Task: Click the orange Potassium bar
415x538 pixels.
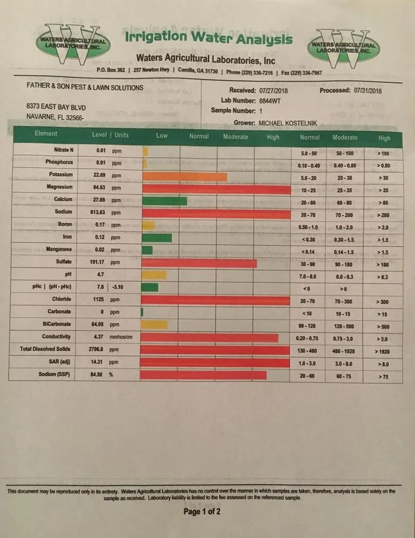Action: [x=184, y=177]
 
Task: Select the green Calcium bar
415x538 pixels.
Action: [x=164, y=201]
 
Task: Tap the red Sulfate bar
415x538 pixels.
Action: [x=199, y=264]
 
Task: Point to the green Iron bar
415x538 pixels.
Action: [x=157, y=238]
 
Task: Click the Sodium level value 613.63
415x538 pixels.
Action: [x=99, y=213]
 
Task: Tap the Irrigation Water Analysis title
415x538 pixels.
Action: [x=209, y=39]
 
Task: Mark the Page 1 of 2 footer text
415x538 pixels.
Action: [x=202, y=512]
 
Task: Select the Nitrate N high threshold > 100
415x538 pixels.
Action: [x=384, y=153]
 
